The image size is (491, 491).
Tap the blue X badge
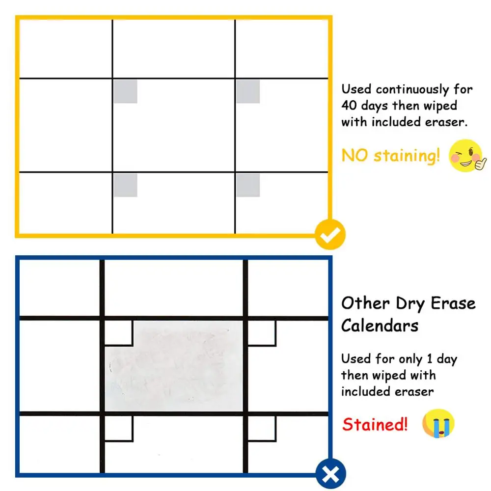[x=331, y=475]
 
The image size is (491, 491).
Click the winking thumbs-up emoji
[x=467, y=156]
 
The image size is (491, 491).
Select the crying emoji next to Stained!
[x=438, y=424]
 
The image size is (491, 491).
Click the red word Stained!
[x=375, y=424]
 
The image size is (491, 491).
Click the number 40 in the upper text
[x=350, y=106]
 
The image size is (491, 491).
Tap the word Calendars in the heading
[x=380, y=326]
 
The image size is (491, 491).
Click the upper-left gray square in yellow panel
[x=125, y=92]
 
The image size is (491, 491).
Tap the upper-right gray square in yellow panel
[x=248, y=92]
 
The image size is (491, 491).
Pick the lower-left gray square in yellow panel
[x=125, y=185]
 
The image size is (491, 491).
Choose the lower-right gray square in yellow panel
[x=248, y=185]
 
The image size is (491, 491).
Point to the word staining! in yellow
[x=407, y=156]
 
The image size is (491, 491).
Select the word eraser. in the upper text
[x=445, y=122]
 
